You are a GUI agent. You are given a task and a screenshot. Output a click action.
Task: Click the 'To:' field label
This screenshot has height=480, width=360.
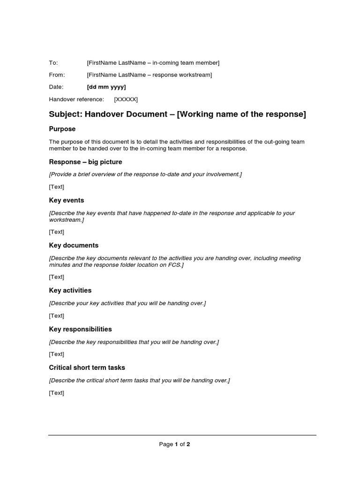tap(53, 63)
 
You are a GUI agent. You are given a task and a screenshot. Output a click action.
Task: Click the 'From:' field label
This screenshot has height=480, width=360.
tap(57, 75)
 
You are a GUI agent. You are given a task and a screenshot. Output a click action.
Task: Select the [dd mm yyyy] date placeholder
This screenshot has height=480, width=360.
tap(106, 87)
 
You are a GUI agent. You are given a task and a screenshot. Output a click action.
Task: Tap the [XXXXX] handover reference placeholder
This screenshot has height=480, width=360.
tap(126, 99)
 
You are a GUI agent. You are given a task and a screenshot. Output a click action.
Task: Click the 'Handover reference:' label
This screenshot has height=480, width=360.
tap(76, 99)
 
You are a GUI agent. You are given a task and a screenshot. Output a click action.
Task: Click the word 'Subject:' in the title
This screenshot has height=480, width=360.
tap(66, 114)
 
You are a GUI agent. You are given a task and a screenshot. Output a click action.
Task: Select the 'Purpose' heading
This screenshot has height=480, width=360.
tap(62, 129)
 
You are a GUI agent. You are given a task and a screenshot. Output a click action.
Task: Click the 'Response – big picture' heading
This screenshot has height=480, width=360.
tap(85, 162)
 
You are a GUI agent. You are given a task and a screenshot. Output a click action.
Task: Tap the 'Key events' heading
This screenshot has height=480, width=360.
tap(67, 200)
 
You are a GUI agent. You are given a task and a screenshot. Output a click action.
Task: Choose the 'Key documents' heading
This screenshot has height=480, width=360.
tap(74, 245)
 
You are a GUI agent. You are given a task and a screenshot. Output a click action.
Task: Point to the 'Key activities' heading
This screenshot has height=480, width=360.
tap(70, 291)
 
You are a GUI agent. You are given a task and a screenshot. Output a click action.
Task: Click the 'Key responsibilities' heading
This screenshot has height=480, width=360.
tap(80, 329)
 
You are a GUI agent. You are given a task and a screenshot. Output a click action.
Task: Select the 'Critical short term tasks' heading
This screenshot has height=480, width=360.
tap(87, 367)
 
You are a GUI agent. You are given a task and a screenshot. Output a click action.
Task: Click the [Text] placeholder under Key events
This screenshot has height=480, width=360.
tap(57, 232)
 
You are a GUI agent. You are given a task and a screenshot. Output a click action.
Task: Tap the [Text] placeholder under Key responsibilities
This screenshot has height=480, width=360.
tap(57, 354)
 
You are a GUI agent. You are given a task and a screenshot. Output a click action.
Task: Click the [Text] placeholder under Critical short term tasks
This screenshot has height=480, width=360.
tap(57, 393)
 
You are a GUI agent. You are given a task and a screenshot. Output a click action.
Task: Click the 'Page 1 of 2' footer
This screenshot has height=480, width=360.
tap(174, 444)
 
